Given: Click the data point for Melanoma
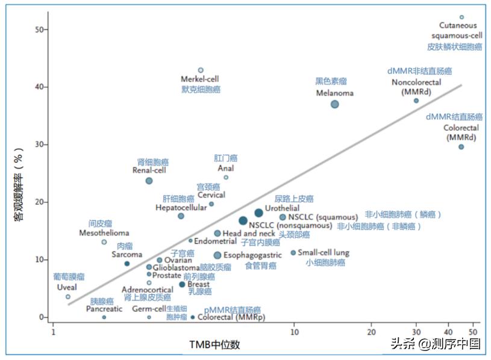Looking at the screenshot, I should coord(334,104).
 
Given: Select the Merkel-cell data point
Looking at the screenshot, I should coord(201,70).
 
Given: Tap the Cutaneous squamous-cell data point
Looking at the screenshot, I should coord(461,17).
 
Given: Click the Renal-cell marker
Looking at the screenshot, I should coord(149,181).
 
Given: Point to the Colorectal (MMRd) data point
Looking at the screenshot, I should coord(461,147).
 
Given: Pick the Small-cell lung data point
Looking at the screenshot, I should coord(293,253).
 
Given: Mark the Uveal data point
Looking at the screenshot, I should coord(68,297).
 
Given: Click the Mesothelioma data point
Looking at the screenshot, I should coord(104,242).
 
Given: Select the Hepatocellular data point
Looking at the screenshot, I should coord(181,216).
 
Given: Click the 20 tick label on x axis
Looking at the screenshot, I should coord(371,331).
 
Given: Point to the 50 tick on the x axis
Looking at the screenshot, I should coord(474,331).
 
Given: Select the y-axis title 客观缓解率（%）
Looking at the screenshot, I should coord(19,186).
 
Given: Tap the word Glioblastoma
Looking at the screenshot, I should coord(176,267).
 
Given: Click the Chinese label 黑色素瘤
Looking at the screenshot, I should coord(331,81).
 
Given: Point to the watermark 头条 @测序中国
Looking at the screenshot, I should coord(435,344).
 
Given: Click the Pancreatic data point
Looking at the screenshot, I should coord(104,317).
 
